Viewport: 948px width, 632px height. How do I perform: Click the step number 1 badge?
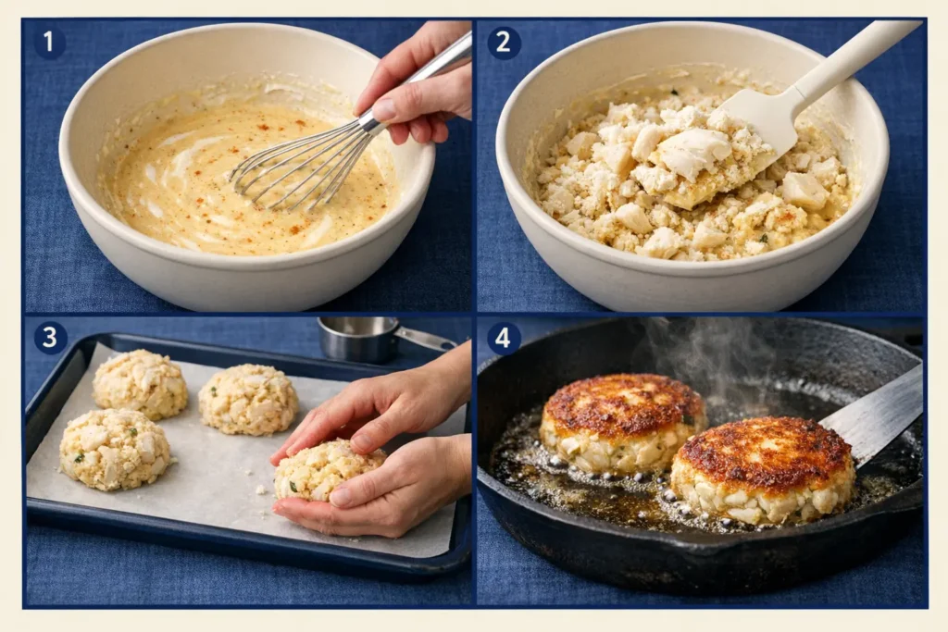tap(49, 43)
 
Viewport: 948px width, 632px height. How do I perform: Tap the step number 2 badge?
tap(504, 43)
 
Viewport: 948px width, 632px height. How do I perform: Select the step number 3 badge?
tap(50, 338)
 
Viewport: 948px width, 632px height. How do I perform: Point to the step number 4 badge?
tap(503, 338)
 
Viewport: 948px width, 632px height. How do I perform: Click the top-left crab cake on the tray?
tap(141, 383)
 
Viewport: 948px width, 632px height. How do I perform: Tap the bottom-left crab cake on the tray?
tap(115, 449)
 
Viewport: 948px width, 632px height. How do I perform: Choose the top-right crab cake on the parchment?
tap(248, 399)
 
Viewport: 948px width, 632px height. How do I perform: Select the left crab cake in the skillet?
tap(621, 420)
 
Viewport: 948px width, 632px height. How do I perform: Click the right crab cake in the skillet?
tap(762, 467)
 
